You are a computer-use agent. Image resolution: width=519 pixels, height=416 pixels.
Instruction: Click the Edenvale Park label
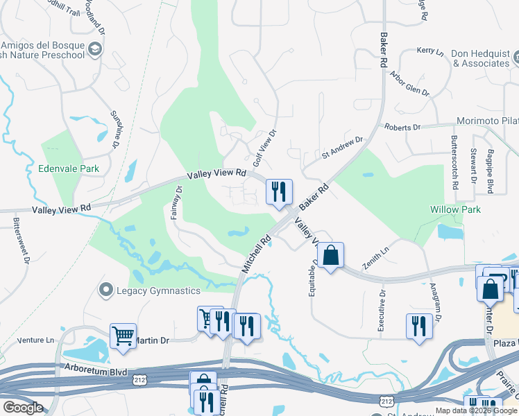point(69,168)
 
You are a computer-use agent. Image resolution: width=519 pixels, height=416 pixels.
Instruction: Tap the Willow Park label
point(455,209)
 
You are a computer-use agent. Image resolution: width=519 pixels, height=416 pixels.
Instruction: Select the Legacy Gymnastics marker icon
point(106,290)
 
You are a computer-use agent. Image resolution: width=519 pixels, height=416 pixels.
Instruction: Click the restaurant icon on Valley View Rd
point(279,192)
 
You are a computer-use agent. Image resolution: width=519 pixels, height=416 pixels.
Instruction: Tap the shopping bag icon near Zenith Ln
point(331,255)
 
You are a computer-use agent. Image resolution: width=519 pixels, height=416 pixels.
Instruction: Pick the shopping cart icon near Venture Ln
point(123,336)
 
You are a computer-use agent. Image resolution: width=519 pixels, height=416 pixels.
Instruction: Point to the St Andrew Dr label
point(342,148)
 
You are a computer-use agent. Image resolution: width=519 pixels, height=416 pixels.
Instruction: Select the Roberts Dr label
point(402,128)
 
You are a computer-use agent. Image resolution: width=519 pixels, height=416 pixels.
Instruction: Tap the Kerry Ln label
point(429,51)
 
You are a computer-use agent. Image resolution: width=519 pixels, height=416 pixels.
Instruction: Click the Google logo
point(23,407)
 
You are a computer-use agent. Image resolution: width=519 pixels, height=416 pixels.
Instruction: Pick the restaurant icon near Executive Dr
point(418,326)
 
